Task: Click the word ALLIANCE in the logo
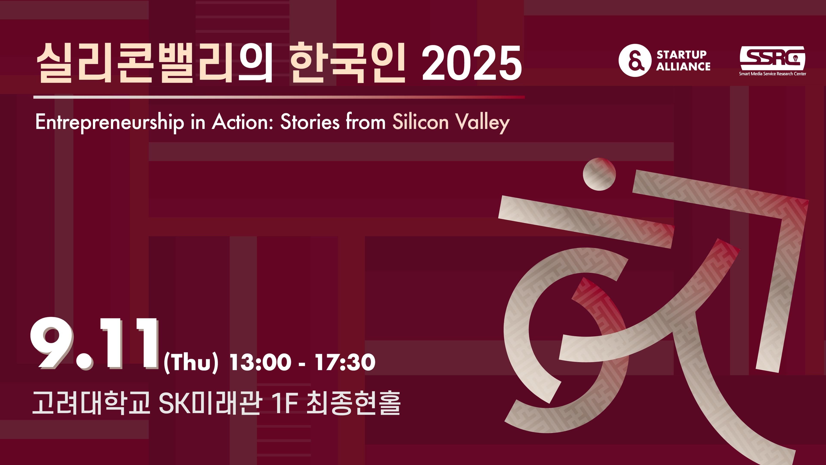click(x=683, y=67)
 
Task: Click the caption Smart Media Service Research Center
click(x=772, y=74)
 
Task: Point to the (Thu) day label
click(x=191, y=363)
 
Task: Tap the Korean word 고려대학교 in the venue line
click(x=91, y=403)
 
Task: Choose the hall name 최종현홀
click(x=353, y=403)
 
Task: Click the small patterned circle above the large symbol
click(x=599, y=174)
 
